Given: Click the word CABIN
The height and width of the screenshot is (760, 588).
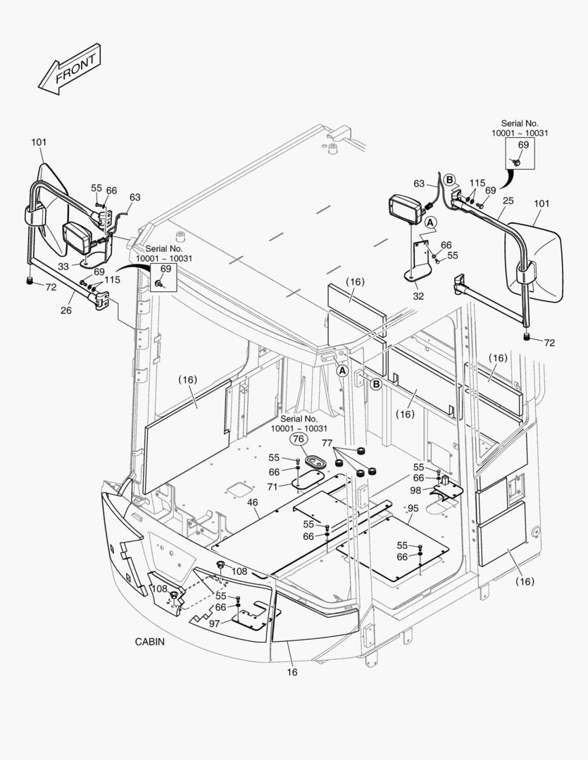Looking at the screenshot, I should (150, 642).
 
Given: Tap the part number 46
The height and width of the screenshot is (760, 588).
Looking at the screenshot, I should (252, 503).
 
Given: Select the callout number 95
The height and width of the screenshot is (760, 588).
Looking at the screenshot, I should (413, 507).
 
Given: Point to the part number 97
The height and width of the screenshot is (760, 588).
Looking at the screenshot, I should (214, 623).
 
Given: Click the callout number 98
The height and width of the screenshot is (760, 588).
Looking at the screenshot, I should (415, 490).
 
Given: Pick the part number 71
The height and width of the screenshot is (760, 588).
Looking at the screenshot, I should (273, 486).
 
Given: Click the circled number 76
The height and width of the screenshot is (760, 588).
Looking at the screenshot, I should (299, 439).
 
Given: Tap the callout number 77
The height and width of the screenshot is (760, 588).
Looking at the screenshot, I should (327, 443).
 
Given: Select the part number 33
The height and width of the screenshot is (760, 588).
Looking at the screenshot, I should (63, 266).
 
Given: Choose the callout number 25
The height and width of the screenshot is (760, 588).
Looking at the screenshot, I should (508, 201).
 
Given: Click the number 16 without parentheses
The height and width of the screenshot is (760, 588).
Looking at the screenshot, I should (292, 672).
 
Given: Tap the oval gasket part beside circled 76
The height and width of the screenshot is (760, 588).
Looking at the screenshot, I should (315, 462).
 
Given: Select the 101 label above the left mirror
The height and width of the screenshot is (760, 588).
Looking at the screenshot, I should (39, 142).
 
